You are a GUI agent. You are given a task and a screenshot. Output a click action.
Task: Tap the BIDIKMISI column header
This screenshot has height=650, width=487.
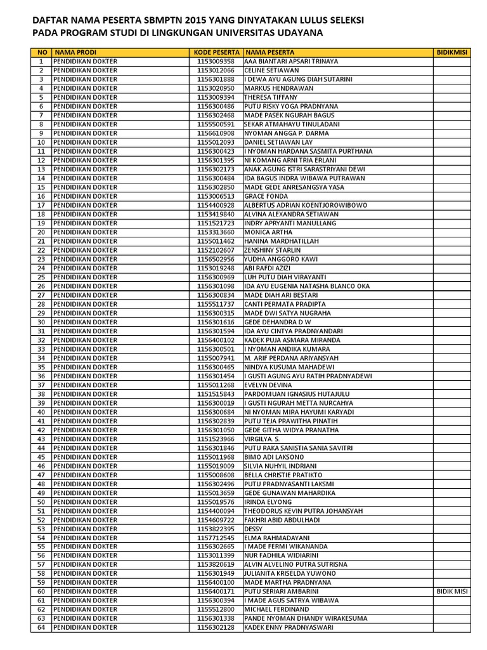coord(452,52)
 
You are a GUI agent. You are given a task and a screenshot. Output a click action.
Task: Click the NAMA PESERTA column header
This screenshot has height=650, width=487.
coord(269,52)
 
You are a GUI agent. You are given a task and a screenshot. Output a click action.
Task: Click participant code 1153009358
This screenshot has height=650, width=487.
coord(216,62)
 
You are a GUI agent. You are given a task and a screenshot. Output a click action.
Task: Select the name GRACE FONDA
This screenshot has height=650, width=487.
coord(266,197)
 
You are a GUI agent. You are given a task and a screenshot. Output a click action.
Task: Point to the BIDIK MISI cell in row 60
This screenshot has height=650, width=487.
coord(452,592)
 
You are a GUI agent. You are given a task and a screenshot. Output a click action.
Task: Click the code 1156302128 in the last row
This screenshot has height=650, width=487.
coord(216,628)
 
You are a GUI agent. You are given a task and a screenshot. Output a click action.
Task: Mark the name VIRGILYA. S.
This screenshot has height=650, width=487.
coord(263,439)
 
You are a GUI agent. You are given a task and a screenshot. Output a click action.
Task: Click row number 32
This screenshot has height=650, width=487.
coord(41,340)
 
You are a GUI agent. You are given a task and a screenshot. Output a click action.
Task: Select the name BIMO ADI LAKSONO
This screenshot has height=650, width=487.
coord(275,457)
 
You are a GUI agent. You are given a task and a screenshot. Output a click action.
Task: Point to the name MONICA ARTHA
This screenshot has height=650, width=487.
coord(269,232)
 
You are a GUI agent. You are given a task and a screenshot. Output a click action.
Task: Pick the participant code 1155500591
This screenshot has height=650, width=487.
coord(216,124)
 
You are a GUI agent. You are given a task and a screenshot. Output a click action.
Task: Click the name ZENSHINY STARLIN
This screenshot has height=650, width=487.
coord(273,251)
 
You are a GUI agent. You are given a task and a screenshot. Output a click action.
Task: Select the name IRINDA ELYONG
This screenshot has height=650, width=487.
coord(268,502)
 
